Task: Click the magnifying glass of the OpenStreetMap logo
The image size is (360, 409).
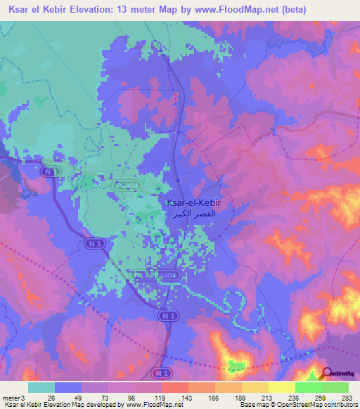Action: [328, 374]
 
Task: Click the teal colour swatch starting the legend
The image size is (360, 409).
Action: [41, 387]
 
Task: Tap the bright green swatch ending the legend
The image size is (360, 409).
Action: [335, 387]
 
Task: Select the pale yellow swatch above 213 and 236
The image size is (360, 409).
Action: [282, 387]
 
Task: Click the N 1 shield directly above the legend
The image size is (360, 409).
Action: [162, 372]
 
